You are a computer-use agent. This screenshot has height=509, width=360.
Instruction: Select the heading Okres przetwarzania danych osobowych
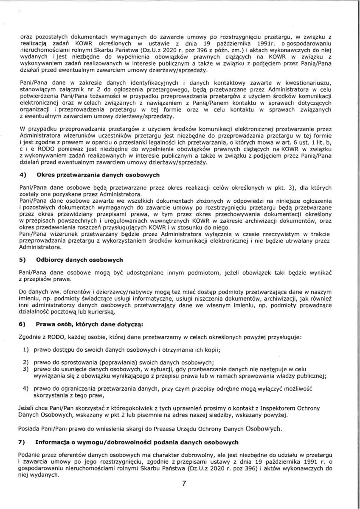(x=98, y=175)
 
